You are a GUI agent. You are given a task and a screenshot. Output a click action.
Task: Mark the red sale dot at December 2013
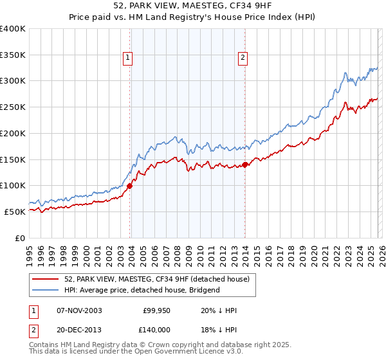click(x=245, y=165)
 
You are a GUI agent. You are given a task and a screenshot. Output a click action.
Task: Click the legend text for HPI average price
click(x=142, y=290)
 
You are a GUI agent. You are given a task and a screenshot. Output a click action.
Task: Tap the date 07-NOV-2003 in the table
click(x=79, y=311)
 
